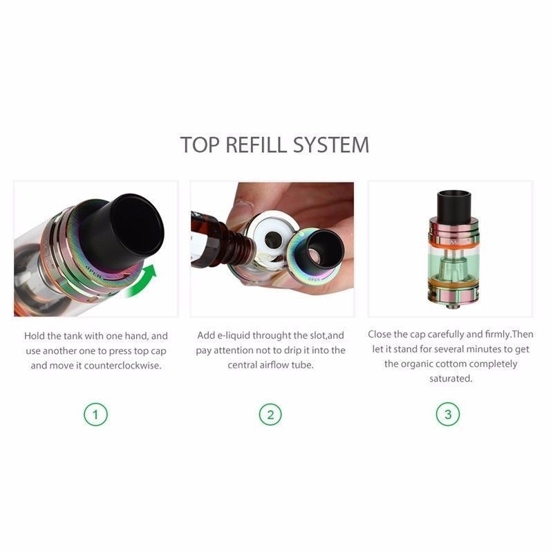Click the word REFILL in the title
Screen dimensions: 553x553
(x=256, y=144)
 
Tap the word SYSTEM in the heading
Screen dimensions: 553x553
(x=331, y=144)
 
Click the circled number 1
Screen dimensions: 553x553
(x=95, y=414)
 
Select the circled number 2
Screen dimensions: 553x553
(x=270, y=414)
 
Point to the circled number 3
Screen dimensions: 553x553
(x=448, y=414)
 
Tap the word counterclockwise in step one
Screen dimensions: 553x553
(x=123, y=366)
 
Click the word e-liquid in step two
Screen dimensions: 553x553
(x=234, y=335)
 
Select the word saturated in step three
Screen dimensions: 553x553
(x=451, y=379)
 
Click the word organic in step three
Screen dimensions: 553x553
(x=419, y=364)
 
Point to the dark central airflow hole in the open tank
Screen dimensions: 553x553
(x=272, y=239)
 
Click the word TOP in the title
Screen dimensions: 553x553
(x=200, y=144)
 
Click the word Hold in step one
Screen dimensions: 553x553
(x=34, y=336)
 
